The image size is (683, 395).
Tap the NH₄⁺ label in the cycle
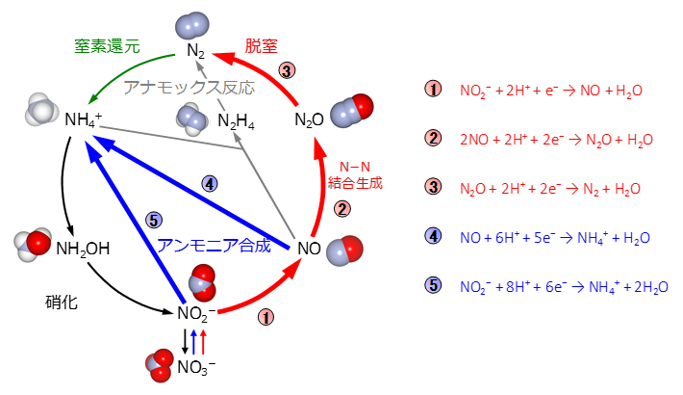click(83, 120)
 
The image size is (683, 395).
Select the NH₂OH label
click(83, 249)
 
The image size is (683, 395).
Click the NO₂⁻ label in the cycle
click(196, 313)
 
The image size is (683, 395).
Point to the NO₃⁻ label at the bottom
click(196, 366)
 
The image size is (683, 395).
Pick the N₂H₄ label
click(236, 120)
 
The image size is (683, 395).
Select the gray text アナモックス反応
click(189, 87)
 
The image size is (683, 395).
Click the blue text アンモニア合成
click(215, 246)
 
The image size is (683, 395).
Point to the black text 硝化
click(61, 302)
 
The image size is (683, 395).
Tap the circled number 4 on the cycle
click(212, 183)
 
